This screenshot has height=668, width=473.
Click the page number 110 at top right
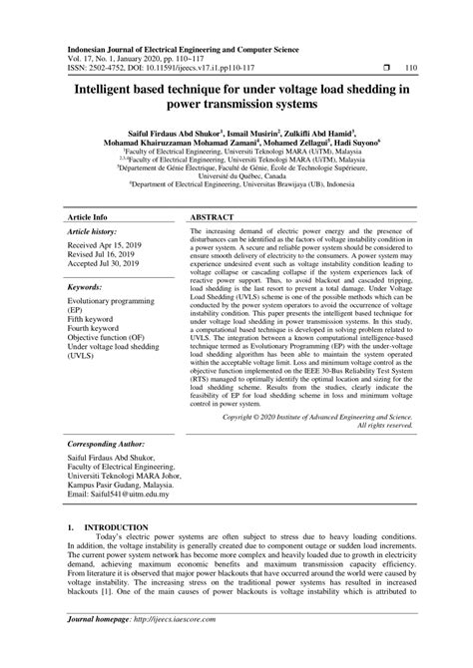coord(410,69)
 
